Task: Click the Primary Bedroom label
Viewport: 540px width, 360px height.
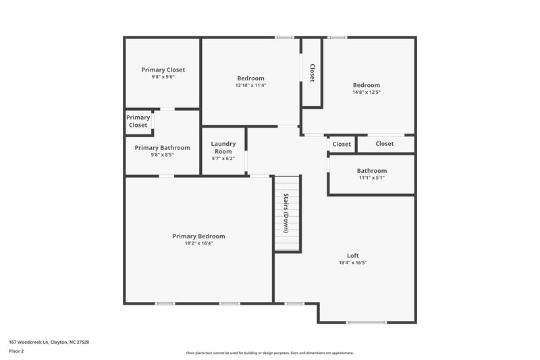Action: [x=198, y=236]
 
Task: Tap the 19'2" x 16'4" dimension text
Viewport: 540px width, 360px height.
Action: [x=198, y=244]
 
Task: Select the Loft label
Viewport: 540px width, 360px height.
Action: [x=352, y=255]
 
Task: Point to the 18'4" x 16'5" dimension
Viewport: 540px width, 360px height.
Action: [x=352, y=263]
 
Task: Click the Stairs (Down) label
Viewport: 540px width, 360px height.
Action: [x=286, y=213]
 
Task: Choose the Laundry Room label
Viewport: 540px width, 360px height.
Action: [x=223, y=147]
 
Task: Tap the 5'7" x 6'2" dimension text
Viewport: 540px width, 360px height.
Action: [x=223, y=159]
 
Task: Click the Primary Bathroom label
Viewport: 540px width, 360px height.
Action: [x=162, y=148]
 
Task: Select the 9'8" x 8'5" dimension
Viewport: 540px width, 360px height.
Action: [x=162, y=155]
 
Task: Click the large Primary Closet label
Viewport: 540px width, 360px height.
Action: [x=163, y=70]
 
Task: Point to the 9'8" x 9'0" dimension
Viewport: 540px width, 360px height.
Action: [x=163, y=77]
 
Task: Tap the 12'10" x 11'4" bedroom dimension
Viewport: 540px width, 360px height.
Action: [x=250, y=86]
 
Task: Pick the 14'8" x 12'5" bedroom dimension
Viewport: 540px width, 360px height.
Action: [x=367, y=93]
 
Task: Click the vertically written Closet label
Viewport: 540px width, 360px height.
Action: [x=312, y=73]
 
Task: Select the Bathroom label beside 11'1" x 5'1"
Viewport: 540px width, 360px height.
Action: [x=372, y=171]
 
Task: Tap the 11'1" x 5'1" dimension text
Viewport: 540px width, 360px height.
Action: [x=372, y=178]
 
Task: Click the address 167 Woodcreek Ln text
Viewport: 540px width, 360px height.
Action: [x=49, y=342]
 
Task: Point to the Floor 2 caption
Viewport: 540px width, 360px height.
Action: [x=16, y=351]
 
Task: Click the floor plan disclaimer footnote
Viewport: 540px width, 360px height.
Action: [x=269, y=353]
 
